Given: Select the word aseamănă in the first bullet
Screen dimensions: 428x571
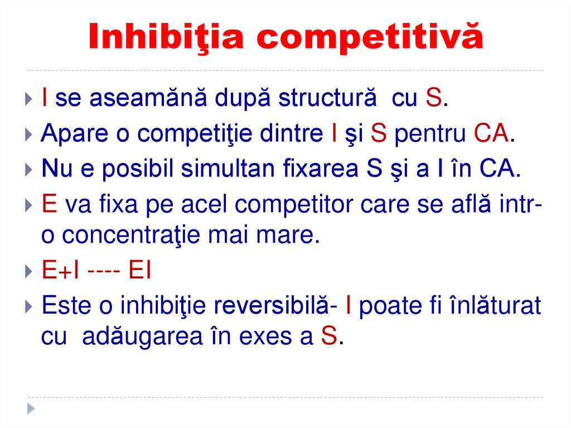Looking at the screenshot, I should click(134, 99).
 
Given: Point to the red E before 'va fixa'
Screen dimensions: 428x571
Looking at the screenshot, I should click(49, 204).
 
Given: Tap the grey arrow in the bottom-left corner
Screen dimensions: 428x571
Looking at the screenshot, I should click(31, 408).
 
